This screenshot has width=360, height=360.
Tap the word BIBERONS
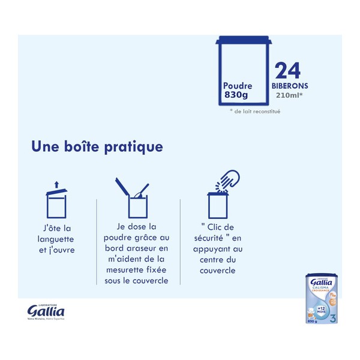pos(291,86)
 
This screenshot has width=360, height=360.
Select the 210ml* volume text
pos(289,95)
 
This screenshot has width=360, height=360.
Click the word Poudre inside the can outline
pos(238,86)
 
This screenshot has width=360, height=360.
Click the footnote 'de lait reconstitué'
pos(256,111)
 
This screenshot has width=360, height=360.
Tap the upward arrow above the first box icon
pos(56,184)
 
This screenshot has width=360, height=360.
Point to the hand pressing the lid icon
pos(229,178)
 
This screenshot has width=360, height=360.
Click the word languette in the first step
pos(57,239)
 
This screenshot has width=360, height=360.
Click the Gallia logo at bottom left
pos(46,311)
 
